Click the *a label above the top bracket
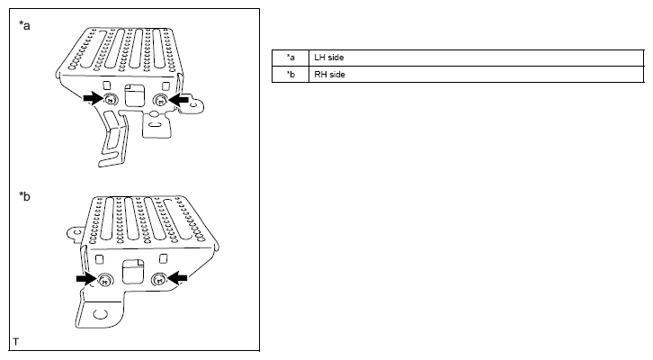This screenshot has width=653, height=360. [x=24, y=26]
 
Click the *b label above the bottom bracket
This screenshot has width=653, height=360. [x=24, y=196]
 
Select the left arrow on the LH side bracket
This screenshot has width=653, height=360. [x=93, y=98]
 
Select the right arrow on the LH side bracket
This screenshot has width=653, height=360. [x=179, y=100]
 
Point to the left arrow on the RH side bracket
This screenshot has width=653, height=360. [x=86, y=278]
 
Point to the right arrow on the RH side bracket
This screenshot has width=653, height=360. [x=177, y=277]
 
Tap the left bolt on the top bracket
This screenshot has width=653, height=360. [x=111, y=100]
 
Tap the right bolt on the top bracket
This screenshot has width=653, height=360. [x=161, y=100]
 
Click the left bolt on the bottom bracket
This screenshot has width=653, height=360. [x=104, y=280]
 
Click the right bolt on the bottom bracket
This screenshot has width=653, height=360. [x=159, y=279]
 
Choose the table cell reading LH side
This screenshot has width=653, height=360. [x=477, y=58]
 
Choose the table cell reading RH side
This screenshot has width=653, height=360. [x=477, y=75]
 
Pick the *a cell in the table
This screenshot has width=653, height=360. [x=291, y=58]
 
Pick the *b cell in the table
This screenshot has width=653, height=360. [x=291, y=75]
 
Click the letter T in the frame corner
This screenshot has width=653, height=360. [x=16, y=342]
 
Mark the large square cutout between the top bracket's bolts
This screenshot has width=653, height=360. [x=135, y=95]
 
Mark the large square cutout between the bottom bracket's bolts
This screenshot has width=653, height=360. [x=133, y=271]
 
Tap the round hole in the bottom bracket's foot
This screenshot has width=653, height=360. [x=100, y=313]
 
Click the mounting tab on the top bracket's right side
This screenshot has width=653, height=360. [x=192, y=103]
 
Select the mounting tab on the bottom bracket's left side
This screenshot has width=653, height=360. [x=76, y=233]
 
